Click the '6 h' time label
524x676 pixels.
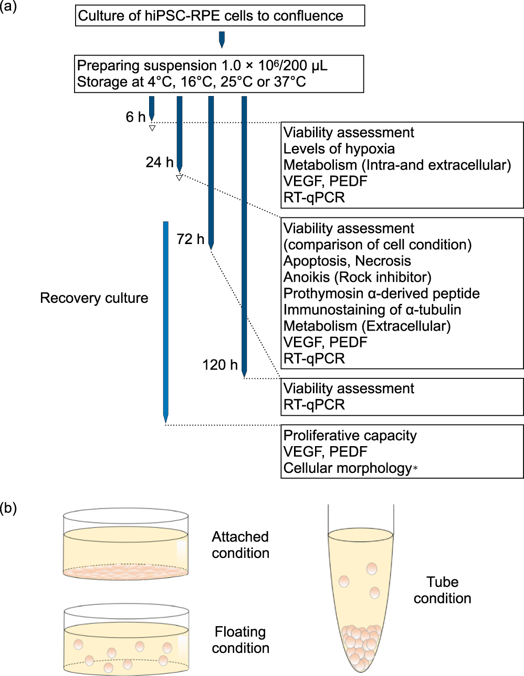tap(135, 117)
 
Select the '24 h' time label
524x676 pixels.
tap(159, 163)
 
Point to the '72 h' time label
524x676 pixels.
tap(190, 239)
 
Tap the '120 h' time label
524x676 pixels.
tap(219, 365)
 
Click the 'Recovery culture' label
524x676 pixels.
tap(94, 298)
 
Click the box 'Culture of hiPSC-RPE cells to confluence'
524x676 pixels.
tap(219, 16)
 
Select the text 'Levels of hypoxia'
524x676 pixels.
tap(339, 149)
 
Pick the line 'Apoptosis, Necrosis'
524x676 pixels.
tap(347, 261)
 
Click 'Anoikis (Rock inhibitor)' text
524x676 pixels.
tap(357, 278)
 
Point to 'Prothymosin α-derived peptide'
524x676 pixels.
tap(381, 294)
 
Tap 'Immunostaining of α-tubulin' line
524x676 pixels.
tap(372, 310)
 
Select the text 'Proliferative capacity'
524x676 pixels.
tap(350, 436)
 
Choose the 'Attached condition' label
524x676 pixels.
tap(240, 545)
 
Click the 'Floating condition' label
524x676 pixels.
tap(240, 640)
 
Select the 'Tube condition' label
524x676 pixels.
tap(442, 590)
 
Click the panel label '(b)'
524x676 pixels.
tap(8, 508)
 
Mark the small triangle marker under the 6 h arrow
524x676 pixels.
tap(152, 128)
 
